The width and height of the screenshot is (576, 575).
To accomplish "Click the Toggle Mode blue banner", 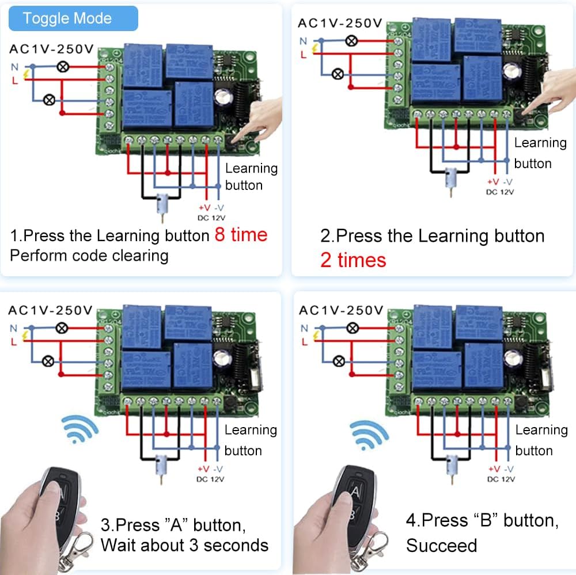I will point(67,18).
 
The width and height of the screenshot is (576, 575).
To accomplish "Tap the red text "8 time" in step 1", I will point(241,234).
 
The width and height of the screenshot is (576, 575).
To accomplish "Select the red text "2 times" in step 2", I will point(353,260).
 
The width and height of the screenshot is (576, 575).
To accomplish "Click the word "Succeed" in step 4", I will point(441,545).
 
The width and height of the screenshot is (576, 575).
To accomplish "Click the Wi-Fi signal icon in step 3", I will point(80,430).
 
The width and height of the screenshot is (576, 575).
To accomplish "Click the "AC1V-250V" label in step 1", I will point(51,49).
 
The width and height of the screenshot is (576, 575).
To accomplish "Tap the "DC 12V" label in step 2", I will point(499,192).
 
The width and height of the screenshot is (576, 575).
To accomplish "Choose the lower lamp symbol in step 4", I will point(339,361).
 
